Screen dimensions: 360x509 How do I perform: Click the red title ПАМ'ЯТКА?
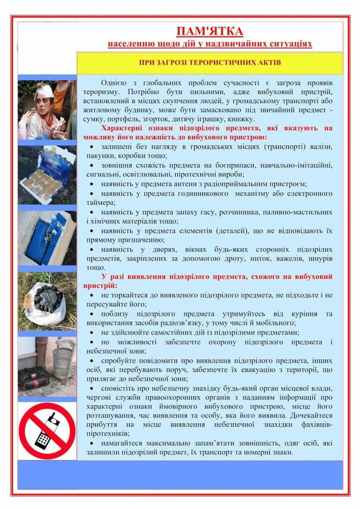click(210, 31)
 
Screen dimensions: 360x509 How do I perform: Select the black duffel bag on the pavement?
click(34, 378)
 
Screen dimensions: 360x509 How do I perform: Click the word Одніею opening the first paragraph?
click(113, 83)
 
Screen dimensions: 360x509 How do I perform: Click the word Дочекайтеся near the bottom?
click(311, 416)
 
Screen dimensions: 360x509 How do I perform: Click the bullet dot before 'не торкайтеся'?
click(92, 295)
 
